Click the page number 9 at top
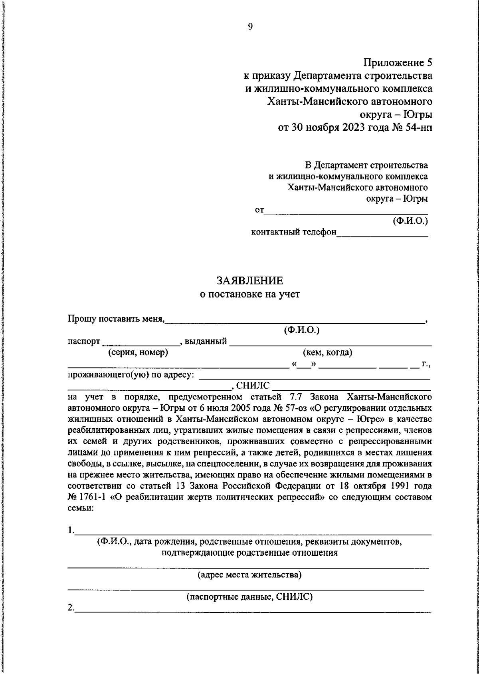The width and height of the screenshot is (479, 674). coord(250,27)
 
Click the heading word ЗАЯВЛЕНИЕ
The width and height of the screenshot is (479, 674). coord(249,280)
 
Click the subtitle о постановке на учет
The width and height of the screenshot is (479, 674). coord(249,294)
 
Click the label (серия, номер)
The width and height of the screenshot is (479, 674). coord(138,352)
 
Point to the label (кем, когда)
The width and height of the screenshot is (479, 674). coord(327,352)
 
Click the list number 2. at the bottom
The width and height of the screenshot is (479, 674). coord(71,607)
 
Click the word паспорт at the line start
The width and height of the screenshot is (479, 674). coord(83,342)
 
